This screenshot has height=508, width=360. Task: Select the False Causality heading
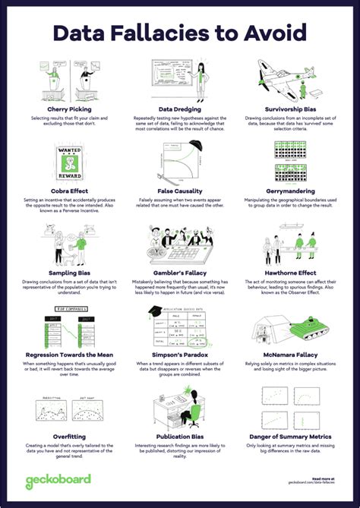point(181,191)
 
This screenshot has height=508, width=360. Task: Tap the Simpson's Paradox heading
point(181,355)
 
